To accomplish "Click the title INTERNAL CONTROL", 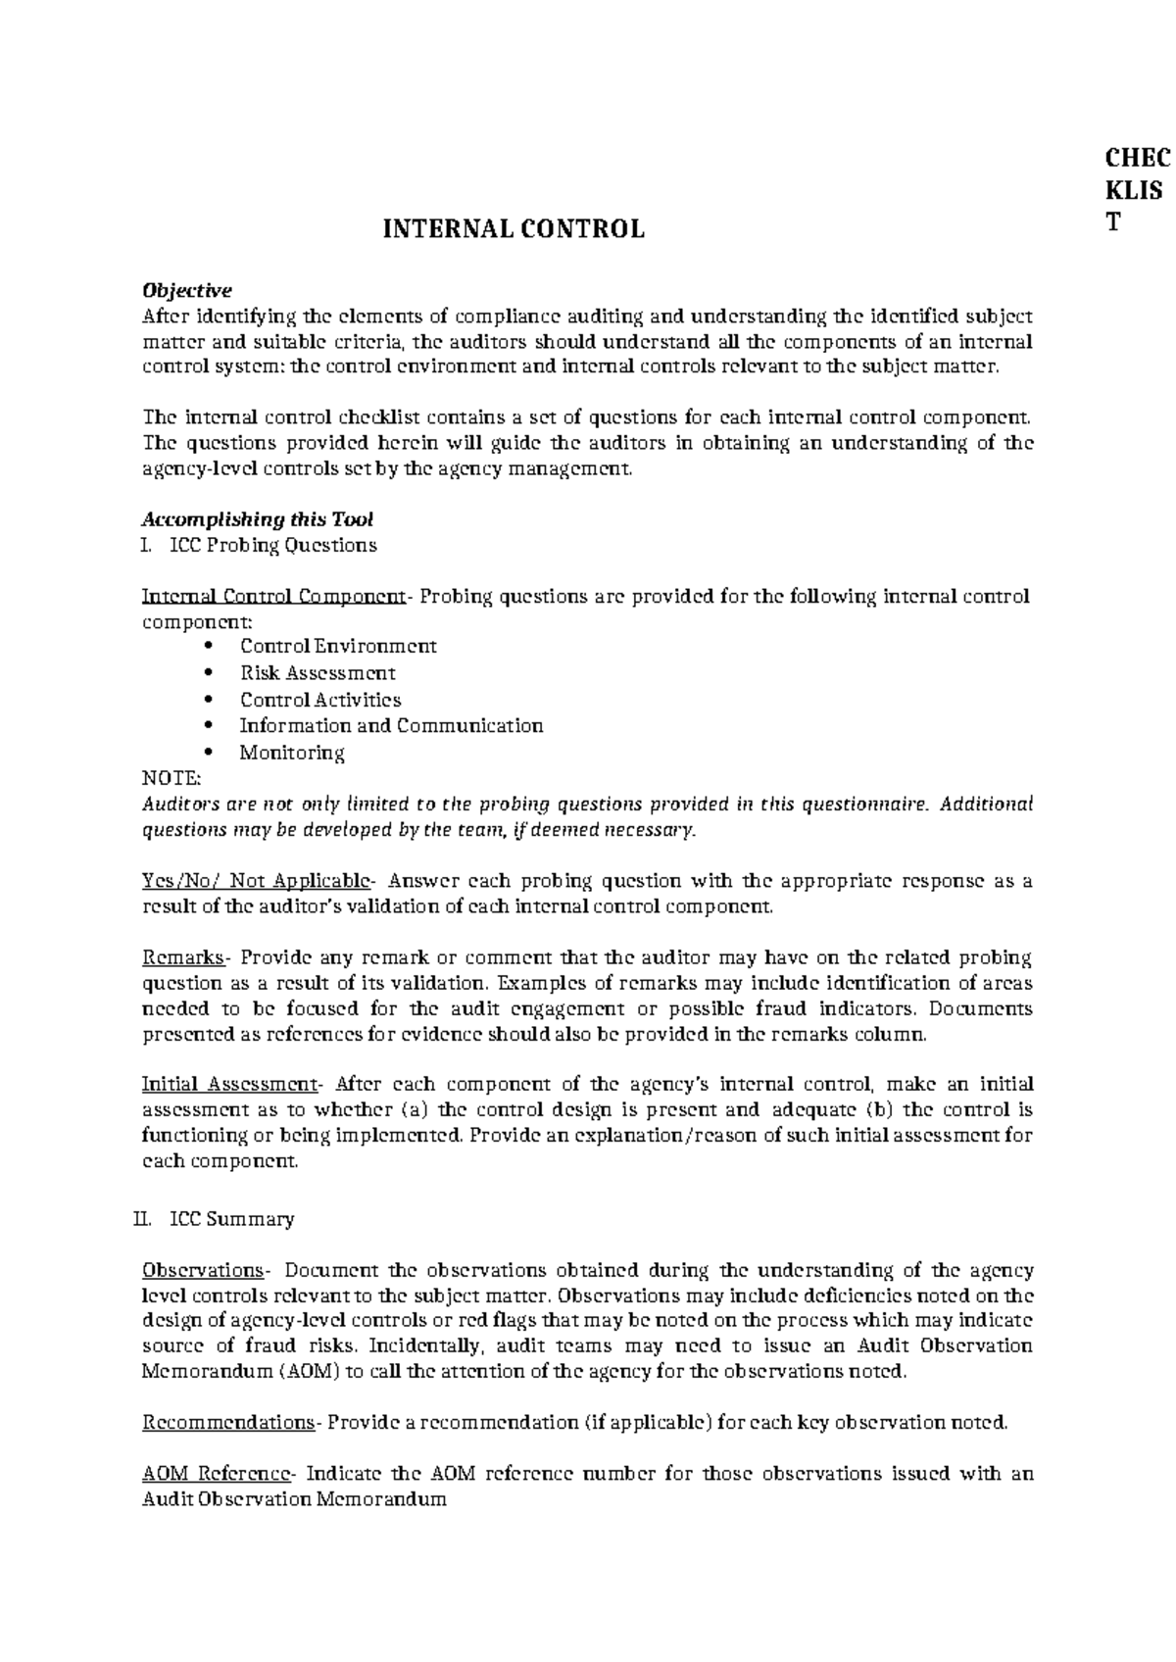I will (513, 229).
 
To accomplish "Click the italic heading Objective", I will (187, 291).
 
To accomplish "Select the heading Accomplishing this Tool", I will (258, 519).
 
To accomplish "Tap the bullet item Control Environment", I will (338, 647).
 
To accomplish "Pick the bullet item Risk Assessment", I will (318, 673).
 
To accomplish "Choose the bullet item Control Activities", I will (320, 700).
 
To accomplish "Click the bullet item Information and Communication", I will (391, 726).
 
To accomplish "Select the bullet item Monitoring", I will (292, 753).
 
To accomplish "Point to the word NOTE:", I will (171, 778).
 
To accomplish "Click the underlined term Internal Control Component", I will (273, 597).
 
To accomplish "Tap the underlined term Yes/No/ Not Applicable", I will (256, 880).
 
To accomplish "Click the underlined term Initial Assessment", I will (229, 1085).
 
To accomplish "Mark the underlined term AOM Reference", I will (216, 1474).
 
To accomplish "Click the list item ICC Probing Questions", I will (273, 545).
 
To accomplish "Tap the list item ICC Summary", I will (232, 1220).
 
